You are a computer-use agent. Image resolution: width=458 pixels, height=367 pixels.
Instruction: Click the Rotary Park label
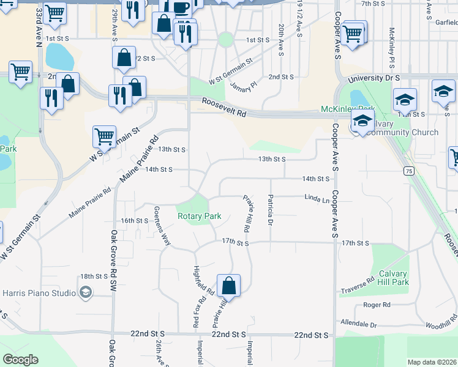[x=199, y=216]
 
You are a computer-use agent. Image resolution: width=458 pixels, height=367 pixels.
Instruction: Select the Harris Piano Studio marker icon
[x=86, y=292]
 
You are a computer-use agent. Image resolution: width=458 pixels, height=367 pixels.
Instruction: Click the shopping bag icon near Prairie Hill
[x=228, y=285]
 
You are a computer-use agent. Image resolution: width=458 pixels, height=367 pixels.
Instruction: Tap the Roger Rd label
[x=372, y=304]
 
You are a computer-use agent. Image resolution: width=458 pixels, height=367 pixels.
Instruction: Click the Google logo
[x=20, y=360]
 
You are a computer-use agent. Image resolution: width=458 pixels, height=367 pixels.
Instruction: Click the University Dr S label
[x=374, y=79]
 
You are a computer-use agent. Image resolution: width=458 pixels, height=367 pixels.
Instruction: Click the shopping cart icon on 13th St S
[x=104, y=136]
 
